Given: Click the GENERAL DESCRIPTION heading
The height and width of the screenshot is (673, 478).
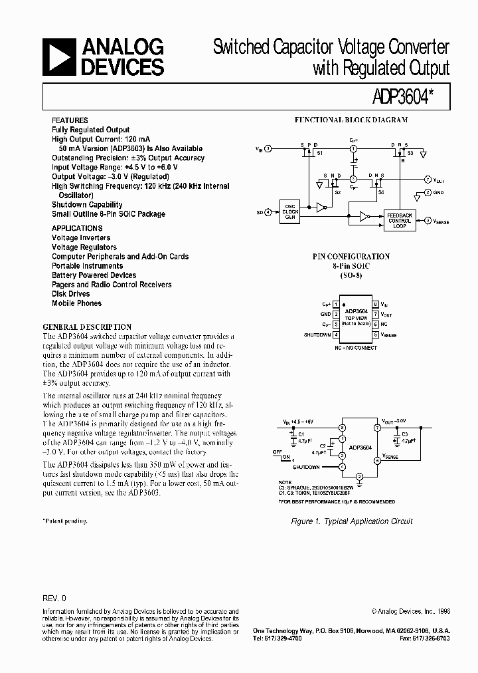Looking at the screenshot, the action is (87, 327).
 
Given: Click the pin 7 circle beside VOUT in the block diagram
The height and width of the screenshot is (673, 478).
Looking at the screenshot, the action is (428, 180).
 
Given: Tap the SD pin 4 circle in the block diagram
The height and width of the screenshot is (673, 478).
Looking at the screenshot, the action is (268, 212).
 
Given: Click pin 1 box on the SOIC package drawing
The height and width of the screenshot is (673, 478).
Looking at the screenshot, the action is (336, 303).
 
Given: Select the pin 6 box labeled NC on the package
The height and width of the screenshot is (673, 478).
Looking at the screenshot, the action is (375, 325).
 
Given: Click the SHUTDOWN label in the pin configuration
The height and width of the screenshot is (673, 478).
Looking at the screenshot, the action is (317, 335).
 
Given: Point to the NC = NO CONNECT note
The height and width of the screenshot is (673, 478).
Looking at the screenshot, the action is (356, 348).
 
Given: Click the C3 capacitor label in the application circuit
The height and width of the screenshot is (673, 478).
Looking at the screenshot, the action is (405, 434).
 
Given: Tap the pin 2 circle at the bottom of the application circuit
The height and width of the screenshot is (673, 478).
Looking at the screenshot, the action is (359, 477).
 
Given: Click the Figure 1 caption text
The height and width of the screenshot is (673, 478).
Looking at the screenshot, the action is (352, 521).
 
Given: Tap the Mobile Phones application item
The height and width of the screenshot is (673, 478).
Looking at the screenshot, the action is (77, 303).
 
